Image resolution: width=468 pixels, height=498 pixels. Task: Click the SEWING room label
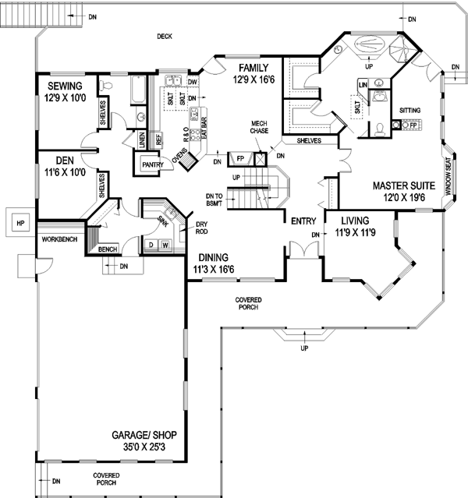pyautogui.click(x=65, y=85)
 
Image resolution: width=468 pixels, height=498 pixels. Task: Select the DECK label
pyautogui.click(x=164, y=36)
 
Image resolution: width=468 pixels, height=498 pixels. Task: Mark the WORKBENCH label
pyautogui.click(x=59, y=238)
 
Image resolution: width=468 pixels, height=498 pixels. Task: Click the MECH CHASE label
pyautogui.click(x=260, y=127)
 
